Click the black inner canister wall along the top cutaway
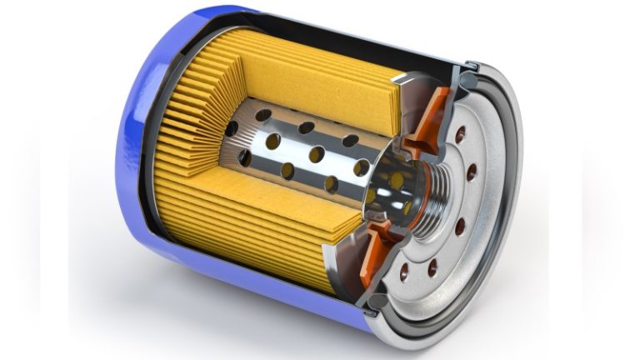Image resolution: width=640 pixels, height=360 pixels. click(x=333, y=33)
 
